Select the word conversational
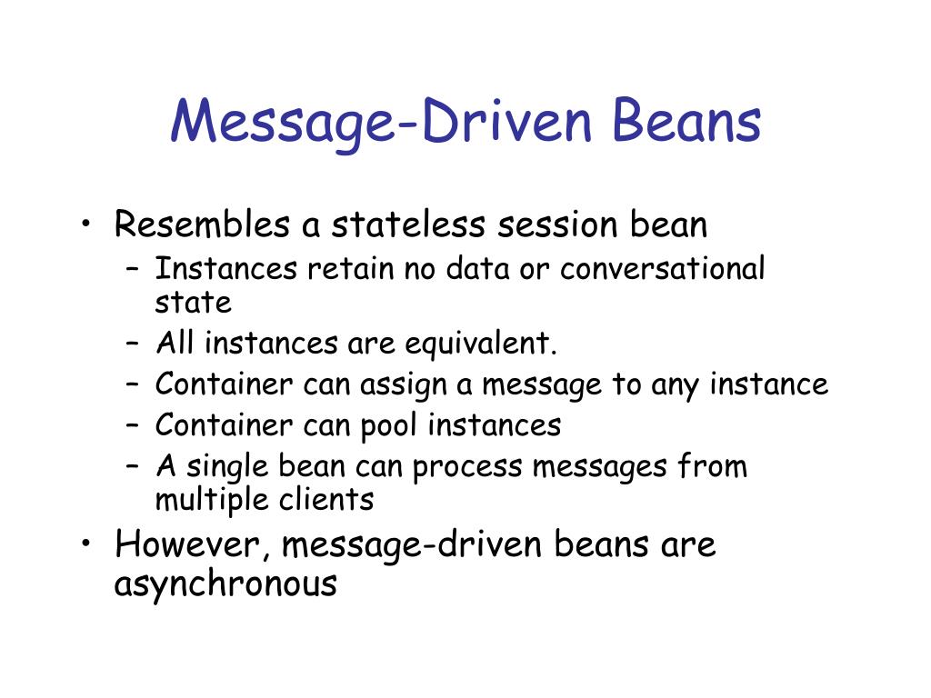coord(663,269)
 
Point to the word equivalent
coord(480,344)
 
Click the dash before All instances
coord(133,345)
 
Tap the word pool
coord(394,424)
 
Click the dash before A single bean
coord(133,466)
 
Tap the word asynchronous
coord(225,583)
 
